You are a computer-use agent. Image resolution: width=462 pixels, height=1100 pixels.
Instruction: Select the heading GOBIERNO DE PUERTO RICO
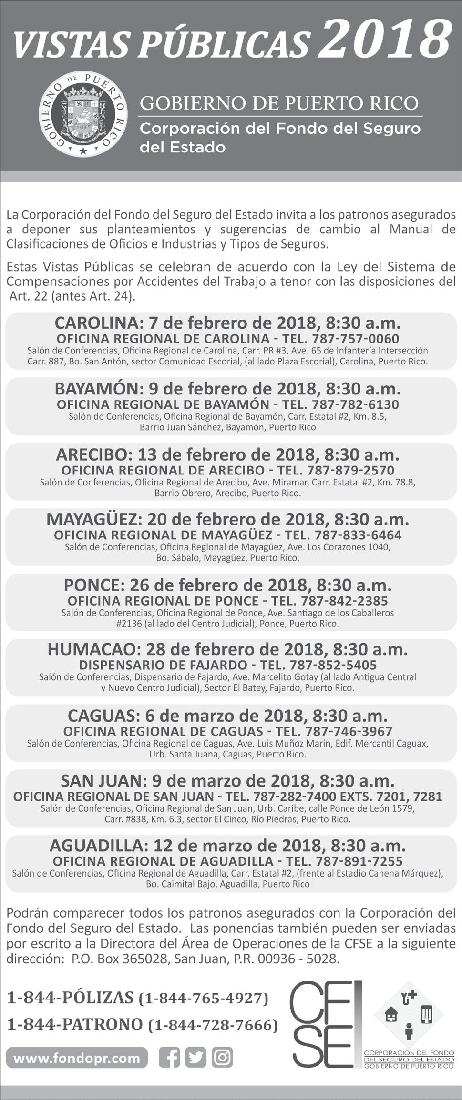click(x=279, y=103)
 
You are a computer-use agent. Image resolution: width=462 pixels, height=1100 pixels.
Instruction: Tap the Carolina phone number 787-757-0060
click(x=355, y=339)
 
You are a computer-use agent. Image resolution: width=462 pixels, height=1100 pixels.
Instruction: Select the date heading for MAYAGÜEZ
click(x=227, y=519)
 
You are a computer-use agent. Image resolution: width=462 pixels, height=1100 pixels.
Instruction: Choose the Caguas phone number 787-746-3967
click(x=349, y=731)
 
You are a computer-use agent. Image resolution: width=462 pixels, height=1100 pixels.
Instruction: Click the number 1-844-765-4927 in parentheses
click(x=203, y=998)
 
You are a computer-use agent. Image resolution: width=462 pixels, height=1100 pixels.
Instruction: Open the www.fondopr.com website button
click(x=77, y=1058)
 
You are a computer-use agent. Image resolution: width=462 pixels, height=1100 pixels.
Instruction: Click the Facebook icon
click(x=169, y=1058)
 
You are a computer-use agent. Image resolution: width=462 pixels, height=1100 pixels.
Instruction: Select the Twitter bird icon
click(x=195, y=1058)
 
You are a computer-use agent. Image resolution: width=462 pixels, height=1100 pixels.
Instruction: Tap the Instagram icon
click(x=222, y=1058)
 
